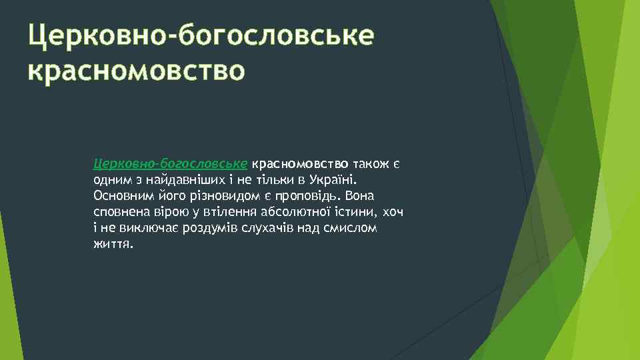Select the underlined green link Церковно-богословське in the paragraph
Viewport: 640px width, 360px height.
coord(171,164)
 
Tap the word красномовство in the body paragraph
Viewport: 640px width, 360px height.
coord(301,164)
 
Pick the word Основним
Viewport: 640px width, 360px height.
coord(119,196)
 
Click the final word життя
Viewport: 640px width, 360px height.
coord(113,244)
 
